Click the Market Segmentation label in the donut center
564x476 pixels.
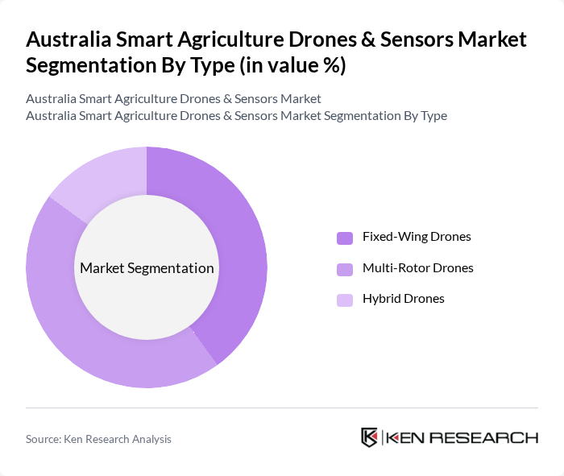[x=147, y=268]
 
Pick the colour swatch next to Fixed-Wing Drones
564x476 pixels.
[x=344, y=238]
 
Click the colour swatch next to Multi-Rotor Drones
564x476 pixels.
[x=344, y=269]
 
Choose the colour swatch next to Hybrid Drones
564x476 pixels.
[x=344, y=300]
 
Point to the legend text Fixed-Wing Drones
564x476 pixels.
[x=417, y=237]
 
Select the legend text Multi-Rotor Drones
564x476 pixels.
[x=417, y=267]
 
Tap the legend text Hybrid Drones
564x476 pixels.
[x=403, y=299]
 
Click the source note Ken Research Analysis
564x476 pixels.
[x=98, y=439]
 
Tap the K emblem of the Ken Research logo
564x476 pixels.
[x=370, y=437]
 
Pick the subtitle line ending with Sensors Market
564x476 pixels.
[x=173, y=98]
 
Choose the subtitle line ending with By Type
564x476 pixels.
[x=236, y=115]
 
